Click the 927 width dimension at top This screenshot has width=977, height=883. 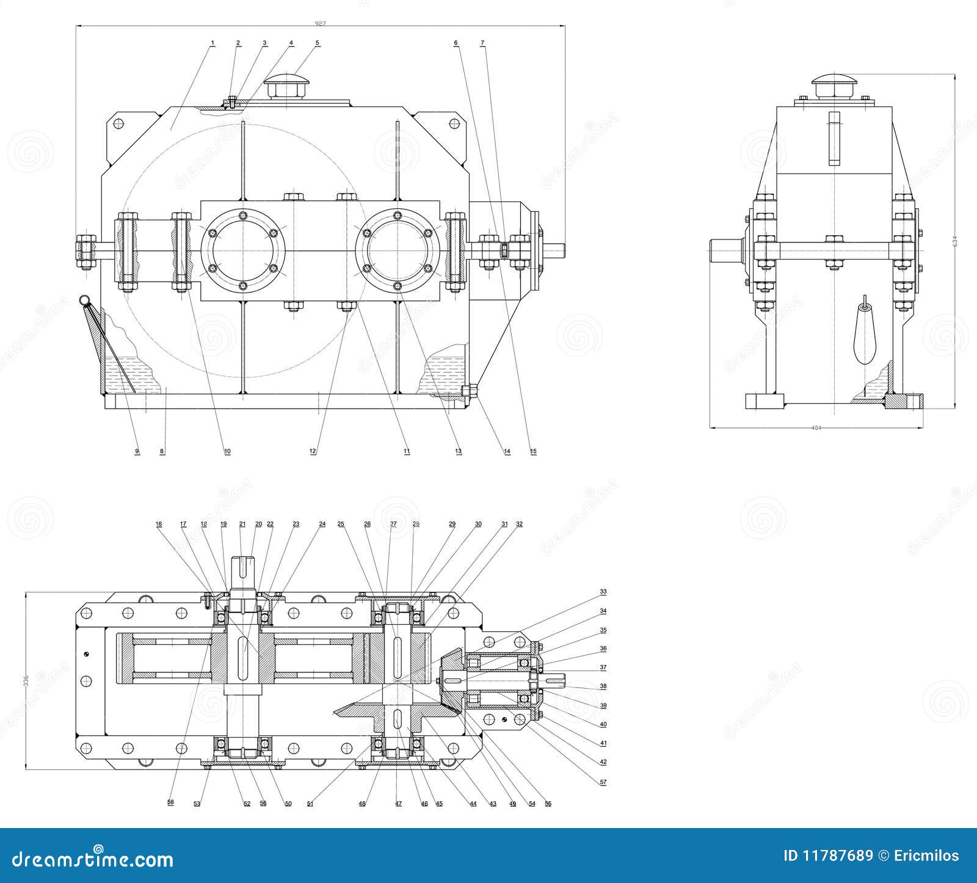pyautogui.click(x=320, y=24)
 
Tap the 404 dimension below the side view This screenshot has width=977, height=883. pyautogui.click(x=816, y=428)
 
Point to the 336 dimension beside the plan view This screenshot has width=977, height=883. pyautogui.click(x=25, y=680)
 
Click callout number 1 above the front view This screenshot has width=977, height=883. pyautogui.click(x=212, y=43)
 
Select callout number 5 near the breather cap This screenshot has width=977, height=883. pyautogui.click(x=318, y=43)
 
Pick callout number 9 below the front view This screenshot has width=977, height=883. pyautogui.click(x=137, y=452)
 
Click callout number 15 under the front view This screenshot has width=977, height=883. pyautogui.click(x=533, y=452)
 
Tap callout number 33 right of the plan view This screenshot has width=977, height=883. pyautogui.click(x=603, y=592)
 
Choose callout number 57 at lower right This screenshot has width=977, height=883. pyautogui.click(x=603, y=781)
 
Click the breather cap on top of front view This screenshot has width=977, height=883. pyautogui.click(x=287, y=85)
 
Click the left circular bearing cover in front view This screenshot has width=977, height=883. pyautogui.click(x=243, y=251)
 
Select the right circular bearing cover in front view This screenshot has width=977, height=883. pyautogui.click(x=398, y=251)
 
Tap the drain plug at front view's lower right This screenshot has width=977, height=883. pyautogui.click(x=468, y=391)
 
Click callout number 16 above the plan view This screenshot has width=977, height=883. pyautogui.click(x=159, y=524)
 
